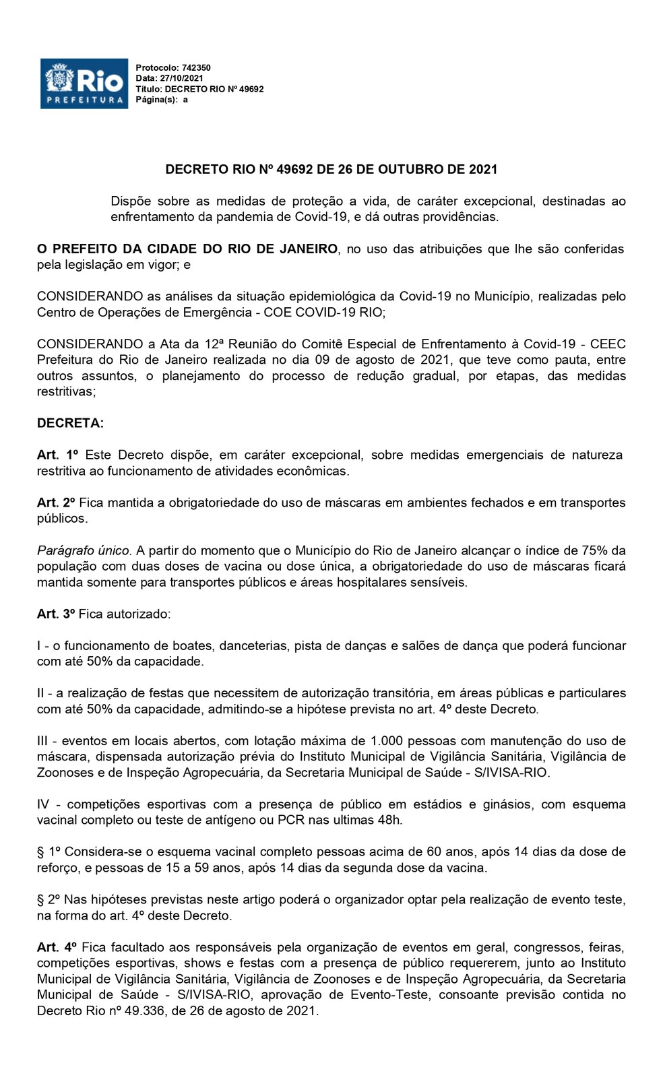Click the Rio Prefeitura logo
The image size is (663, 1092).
point(84,84)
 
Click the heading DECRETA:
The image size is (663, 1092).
point(71,424)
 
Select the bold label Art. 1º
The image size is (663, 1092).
point(58,455)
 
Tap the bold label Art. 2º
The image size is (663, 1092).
point(58,503)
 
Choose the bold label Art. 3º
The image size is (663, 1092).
point(58,614)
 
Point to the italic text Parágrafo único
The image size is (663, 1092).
point(84,551)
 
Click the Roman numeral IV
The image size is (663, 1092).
point(44,805)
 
